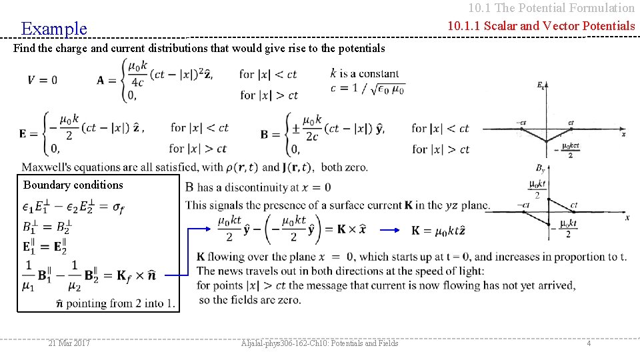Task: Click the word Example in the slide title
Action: (54, 29)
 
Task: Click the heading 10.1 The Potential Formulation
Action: (551, 8)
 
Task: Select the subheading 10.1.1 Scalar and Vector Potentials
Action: (541, 26)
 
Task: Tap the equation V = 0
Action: (42, 80)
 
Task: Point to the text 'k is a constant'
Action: (365, 73)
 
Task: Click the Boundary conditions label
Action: (73, 185)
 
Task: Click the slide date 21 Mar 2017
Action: (69, 343)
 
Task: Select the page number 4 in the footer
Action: (589, 343)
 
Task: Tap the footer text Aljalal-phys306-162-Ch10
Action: (319, 343)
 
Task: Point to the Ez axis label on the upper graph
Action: (541, 85)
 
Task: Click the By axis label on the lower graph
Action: (541, 169)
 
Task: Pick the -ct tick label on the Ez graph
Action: (521, 123)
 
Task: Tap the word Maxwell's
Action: (45, 167)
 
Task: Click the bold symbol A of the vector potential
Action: (102, 80)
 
